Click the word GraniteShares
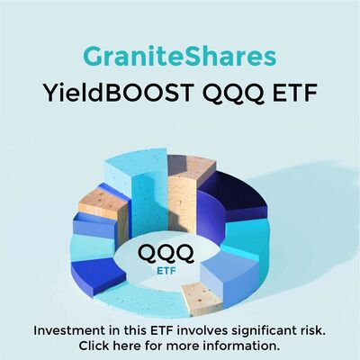click(180, 57)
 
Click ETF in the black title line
click(295, 93)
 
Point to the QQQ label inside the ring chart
click(166, 253)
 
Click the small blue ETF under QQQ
click(166, 271)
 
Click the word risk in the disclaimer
click(314, 331)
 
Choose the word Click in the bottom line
click(94, 346)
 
